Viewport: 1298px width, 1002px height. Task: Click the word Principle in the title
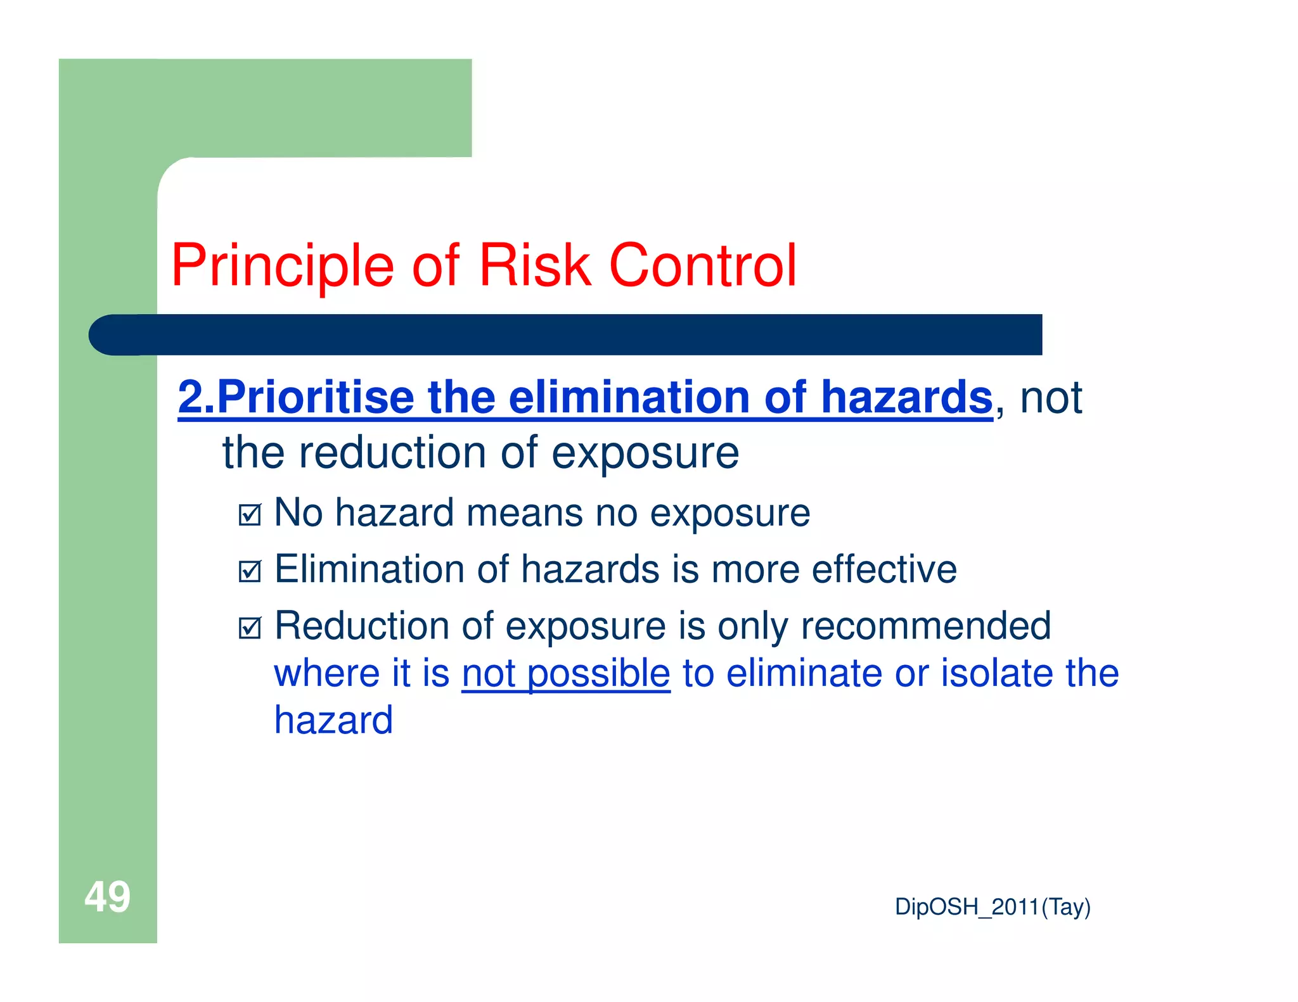283,266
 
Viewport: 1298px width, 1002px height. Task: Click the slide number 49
107,897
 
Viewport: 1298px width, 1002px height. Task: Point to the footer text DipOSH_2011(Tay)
992,907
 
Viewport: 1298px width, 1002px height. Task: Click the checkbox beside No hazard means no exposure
250,514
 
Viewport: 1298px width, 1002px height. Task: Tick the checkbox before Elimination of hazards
250,571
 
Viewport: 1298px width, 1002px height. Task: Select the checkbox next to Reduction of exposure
250,628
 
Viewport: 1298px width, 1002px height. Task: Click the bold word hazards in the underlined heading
906,398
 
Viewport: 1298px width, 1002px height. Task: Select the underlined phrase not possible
565,673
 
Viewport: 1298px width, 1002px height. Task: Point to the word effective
884,569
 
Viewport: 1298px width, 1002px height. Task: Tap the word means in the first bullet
524,512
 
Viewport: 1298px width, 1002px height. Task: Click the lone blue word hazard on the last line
333,721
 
